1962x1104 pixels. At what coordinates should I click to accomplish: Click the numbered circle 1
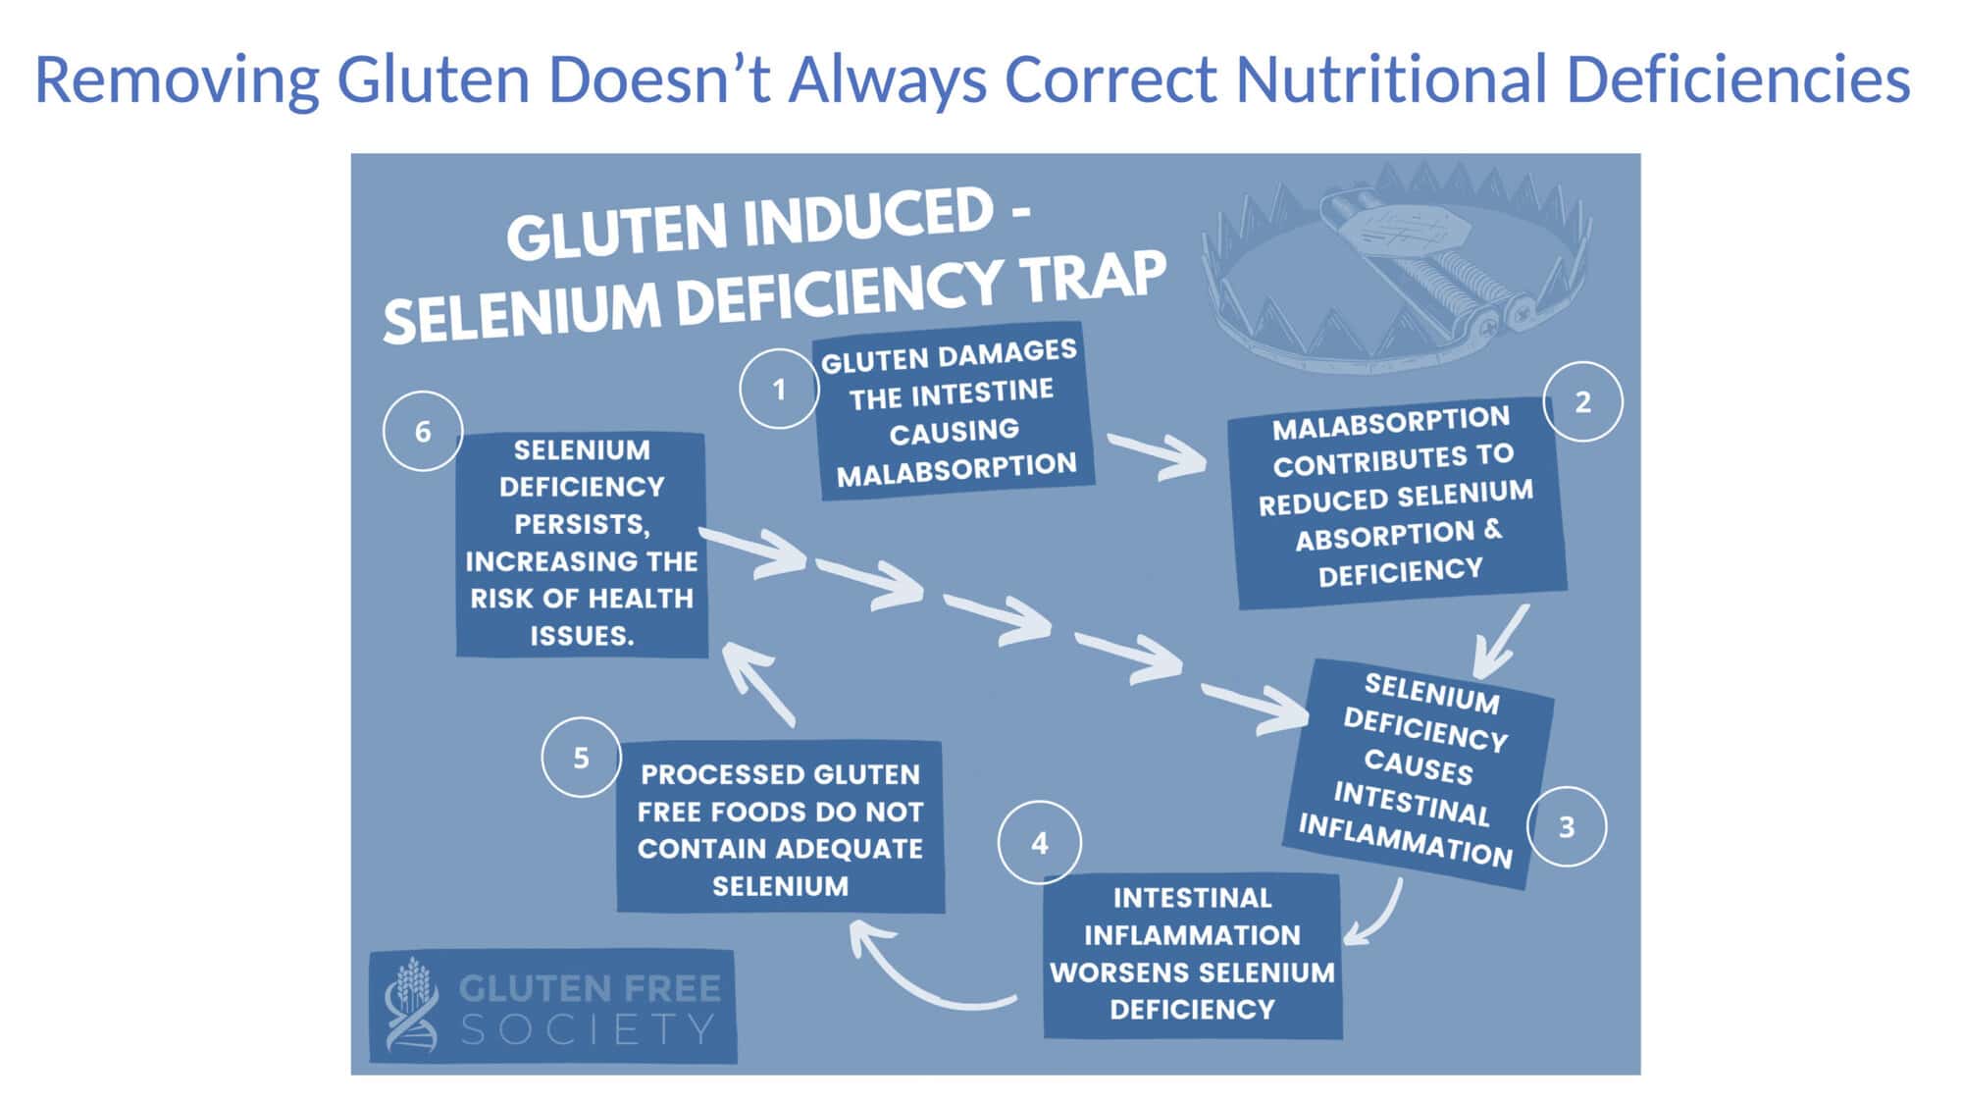(x=779, y=389)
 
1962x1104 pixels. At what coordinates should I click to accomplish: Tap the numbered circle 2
(x=1582, y=401)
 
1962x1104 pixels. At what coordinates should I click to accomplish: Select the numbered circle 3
(x=1567, y=826)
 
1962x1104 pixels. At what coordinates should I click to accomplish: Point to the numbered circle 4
(x=1040, y=842)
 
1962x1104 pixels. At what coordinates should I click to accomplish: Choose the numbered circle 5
(x=581, y=757)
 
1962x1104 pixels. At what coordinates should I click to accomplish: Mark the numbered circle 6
(x=423, y=431)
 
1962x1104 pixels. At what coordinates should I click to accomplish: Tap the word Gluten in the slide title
(x=434, y=79)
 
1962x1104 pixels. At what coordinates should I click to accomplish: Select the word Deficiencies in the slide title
(x=1738, y=79)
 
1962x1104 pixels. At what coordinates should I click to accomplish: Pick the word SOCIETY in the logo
(x=588, y=1030)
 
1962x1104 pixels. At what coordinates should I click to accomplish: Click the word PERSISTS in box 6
(x=582, y=524)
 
